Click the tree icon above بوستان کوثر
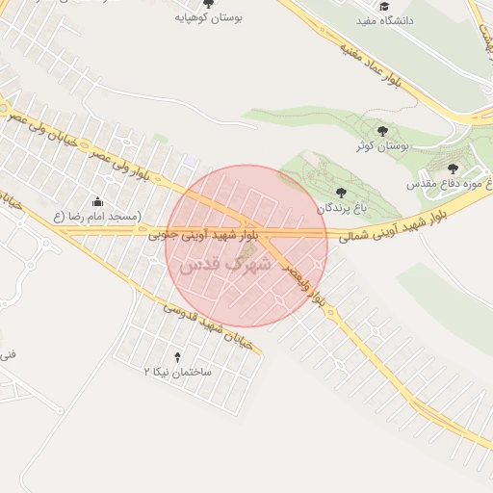pos(382,131)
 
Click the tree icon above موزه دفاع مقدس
pos(453,169)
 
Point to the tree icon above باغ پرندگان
pos(341,192)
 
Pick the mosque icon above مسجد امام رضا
pos(97,202)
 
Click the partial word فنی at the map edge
pos(8,355)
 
